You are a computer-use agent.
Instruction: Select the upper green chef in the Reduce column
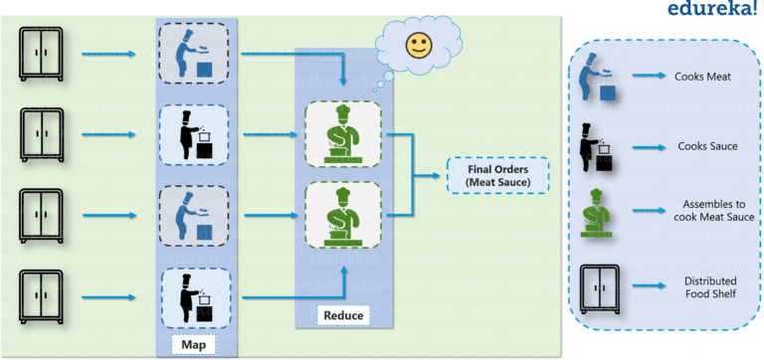tap(342, 133)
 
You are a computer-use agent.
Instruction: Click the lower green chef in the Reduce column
tap(342, 215)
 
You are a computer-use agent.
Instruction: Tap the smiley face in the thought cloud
tap(419, 45)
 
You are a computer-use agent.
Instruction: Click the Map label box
tap(194, 344)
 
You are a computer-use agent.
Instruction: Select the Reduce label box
tap(343, 316)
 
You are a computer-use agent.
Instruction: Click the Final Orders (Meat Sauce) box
tap(499, 175)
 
